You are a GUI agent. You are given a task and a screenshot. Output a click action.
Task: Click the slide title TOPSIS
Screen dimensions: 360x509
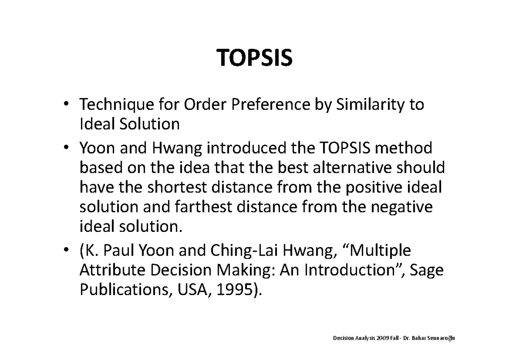(x=255, y=59)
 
